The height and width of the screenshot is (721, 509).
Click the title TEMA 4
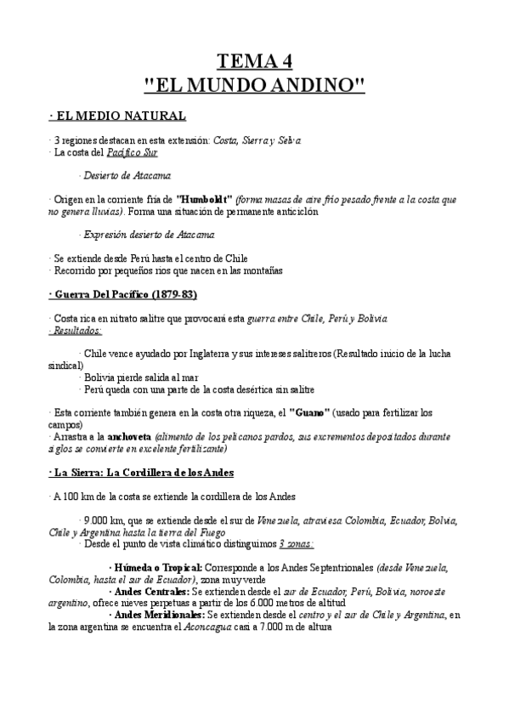[255, 61]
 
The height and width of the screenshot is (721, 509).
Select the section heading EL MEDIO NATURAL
[119, 116]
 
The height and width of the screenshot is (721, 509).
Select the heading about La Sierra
[143, 471]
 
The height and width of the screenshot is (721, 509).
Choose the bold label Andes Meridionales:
[160, 614]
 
